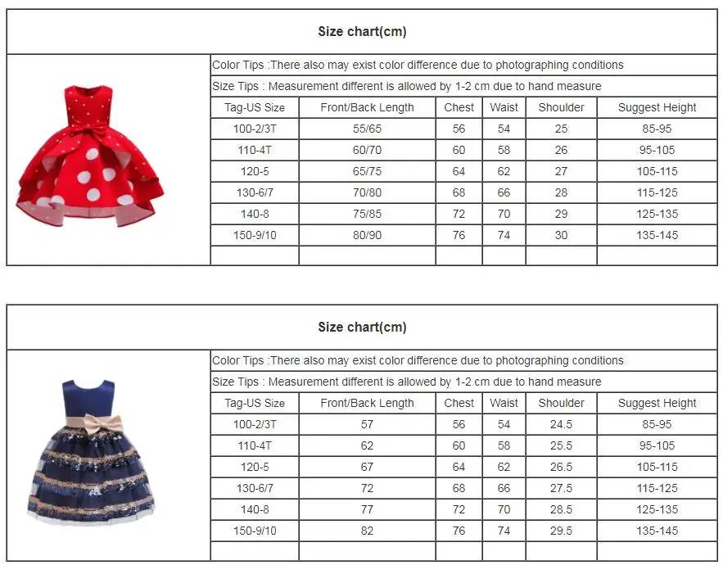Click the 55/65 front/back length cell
(x=367, y=129)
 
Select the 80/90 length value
(x=367, y=235)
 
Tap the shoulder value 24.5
(x=561, y=424)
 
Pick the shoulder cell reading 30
(x=561, y=235)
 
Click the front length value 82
(x=367, y=531)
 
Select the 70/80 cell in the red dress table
(x=367, y=192)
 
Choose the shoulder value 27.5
(x=561, y=488)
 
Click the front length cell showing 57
(x=367, y=424)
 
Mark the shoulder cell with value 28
(x=561, y=192)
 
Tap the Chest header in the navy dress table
(x=459, y=403)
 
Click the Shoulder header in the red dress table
(x=561, y=107)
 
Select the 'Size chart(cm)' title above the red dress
(x=362, y=32)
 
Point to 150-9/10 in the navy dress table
(x=255, y=531)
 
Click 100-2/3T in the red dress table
(x=255, y=129)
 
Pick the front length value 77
(x=367, y=509)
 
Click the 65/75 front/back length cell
(x=367, y=171)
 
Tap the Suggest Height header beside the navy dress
(x=657, y=403)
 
